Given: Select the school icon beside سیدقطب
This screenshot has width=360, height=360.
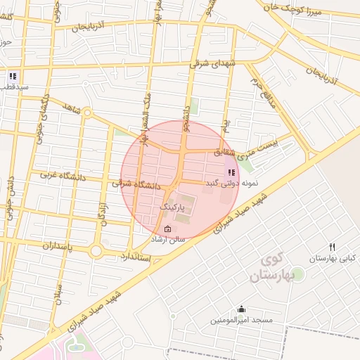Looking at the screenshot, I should pos(13,76).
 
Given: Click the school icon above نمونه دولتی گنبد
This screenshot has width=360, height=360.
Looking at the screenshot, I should pos(231,172).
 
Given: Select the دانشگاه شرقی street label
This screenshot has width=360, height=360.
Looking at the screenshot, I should pos(136,184).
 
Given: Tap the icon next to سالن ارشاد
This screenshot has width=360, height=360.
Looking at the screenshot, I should pos(167,229).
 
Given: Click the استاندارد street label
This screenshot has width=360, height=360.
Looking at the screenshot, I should pos(136,255).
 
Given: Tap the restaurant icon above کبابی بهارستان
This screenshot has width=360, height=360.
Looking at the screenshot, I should pos(333,247).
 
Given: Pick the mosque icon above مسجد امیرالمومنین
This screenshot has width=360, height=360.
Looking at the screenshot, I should pos(242,308).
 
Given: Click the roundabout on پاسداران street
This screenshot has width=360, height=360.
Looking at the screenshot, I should pos(96,250).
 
